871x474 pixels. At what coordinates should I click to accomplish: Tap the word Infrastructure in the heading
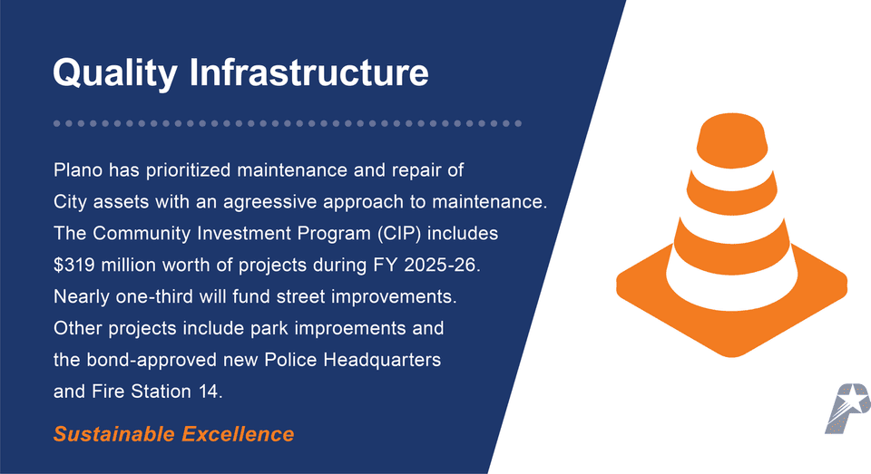[308, 73]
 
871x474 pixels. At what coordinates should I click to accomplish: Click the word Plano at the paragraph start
[78, 170]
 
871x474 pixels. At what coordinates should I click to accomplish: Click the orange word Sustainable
[114, 434]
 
